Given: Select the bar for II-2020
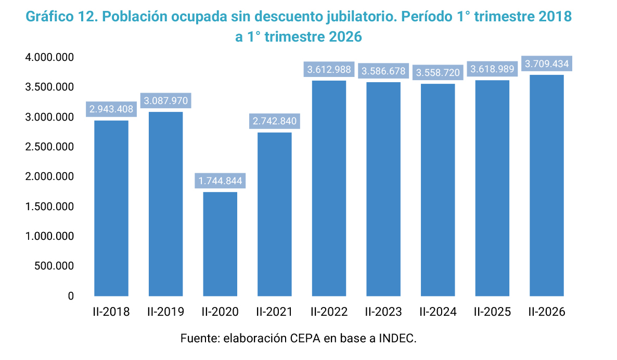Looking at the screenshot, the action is coord(220,244).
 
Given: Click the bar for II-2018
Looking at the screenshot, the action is coord(111,208).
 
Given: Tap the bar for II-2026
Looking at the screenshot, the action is coord(547,185).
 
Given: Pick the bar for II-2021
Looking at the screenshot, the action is coord(275,214).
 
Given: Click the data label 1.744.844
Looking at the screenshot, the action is coord(221,181).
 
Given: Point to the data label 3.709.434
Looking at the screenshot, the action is coord(547,64).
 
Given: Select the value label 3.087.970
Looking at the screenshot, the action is coord(166,101).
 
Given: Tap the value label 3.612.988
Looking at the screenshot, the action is coord(329,70).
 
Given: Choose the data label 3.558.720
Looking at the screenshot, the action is coord(438,73).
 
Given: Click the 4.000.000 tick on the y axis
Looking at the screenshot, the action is coord(49,57).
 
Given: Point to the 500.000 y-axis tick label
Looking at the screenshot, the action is coord(54,266).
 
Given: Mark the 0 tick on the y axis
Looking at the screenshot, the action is coord(71,296).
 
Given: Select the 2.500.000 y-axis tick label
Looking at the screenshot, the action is coord(49,147).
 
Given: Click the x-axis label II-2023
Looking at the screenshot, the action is coord(383,312).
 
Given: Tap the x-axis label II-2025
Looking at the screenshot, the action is coord(492,312).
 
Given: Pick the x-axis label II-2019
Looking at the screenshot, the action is coord(165,312).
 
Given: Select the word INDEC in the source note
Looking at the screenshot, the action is coord(397,338).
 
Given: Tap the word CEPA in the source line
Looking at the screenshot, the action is coord(305,338).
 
